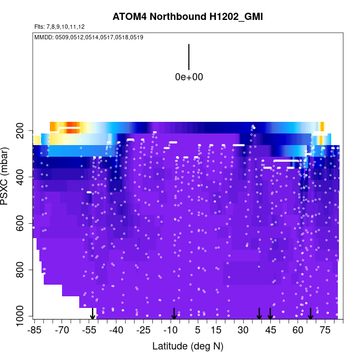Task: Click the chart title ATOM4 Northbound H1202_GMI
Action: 187,17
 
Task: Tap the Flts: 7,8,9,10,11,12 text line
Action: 59,27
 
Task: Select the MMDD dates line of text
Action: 89,38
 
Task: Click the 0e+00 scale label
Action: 189,77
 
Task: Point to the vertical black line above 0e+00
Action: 189,56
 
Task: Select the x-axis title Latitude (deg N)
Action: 187,346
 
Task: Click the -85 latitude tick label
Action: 34,331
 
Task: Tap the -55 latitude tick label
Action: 89,331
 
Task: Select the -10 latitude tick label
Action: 171,331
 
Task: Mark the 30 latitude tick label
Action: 243,331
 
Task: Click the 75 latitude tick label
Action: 325,331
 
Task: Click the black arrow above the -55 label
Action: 92,314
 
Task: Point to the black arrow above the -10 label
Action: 174,313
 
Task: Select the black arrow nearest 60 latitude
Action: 311,313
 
